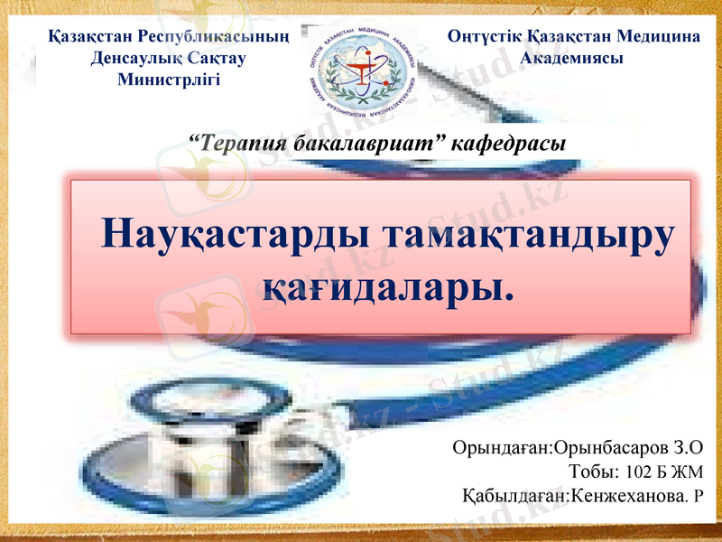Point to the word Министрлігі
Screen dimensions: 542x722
click(x=169, y=78)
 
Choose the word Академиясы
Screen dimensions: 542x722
click(x=573, y=58)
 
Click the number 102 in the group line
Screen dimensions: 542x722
click(x=635, y=472)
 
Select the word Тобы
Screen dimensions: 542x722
click(x=593, y=472)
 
